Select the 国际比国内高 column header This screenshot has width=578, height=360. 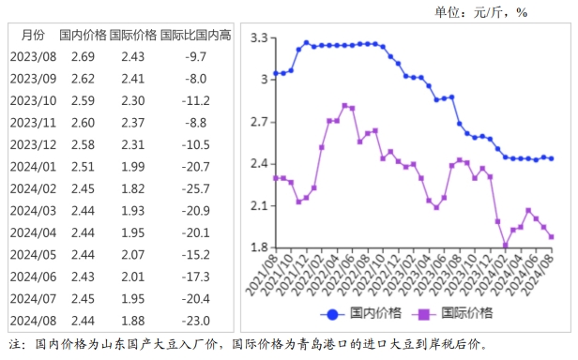(x=195, y=36)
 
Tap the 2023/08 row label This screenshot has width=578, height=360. (x=33, y=57)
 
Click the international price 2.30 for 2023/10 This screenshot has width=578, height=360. (x=132, y=100)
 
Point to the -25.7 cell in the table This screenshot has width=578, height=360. (x=195, y=187)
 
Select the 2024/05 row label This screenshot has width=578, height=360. (x=33, y=253)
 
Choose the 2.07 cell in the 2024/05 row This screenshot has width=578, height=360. (x=132, y=253)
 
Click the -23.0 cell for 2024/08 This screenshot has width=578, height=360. (x=195, y=319)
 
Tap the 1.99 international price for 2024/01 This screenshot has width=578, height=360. (x=132, y=166)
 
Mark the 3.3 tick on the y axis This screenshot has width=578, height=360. (x=259, y=38)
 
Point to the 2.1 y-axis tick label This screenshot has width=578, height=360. (x=259, y=205)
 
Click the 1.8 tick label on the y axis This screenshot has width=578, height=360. (x=259, y=247)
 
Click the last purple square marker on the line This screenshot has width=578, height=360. (x=551, y=236)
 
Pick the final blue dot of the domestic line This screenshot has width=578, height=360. (x=551, y=158)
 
